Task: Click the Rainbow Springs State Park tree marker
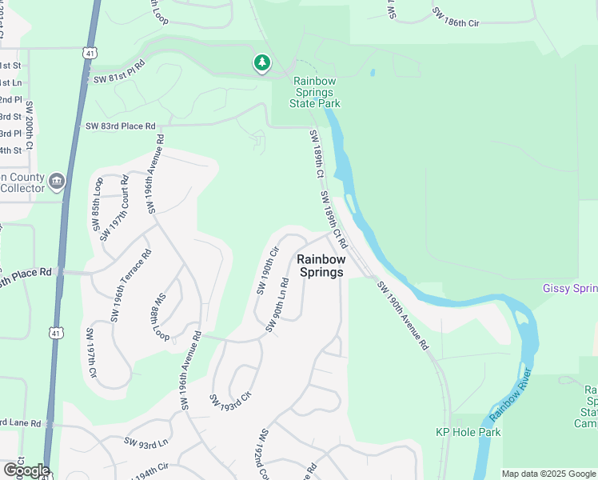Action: [x=261, y=63]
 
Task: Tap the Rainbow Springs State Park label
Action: [x=317, y=92]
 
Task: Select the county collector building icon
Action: [x=56, y=182]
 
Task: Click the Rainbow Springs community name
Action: [x=321, y=266]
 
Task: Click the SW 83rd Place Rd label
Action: [x=120, y=126]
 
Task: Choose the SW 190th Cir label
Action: [x=266, y=270]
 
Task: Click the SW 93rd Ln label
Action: [x=147, y=442]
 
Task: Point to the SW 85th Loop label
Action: [x=98, y=210]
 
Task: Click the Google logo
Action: [x=26, y=470]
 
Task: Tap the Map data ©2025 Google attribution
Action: [x=548, y=474]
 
